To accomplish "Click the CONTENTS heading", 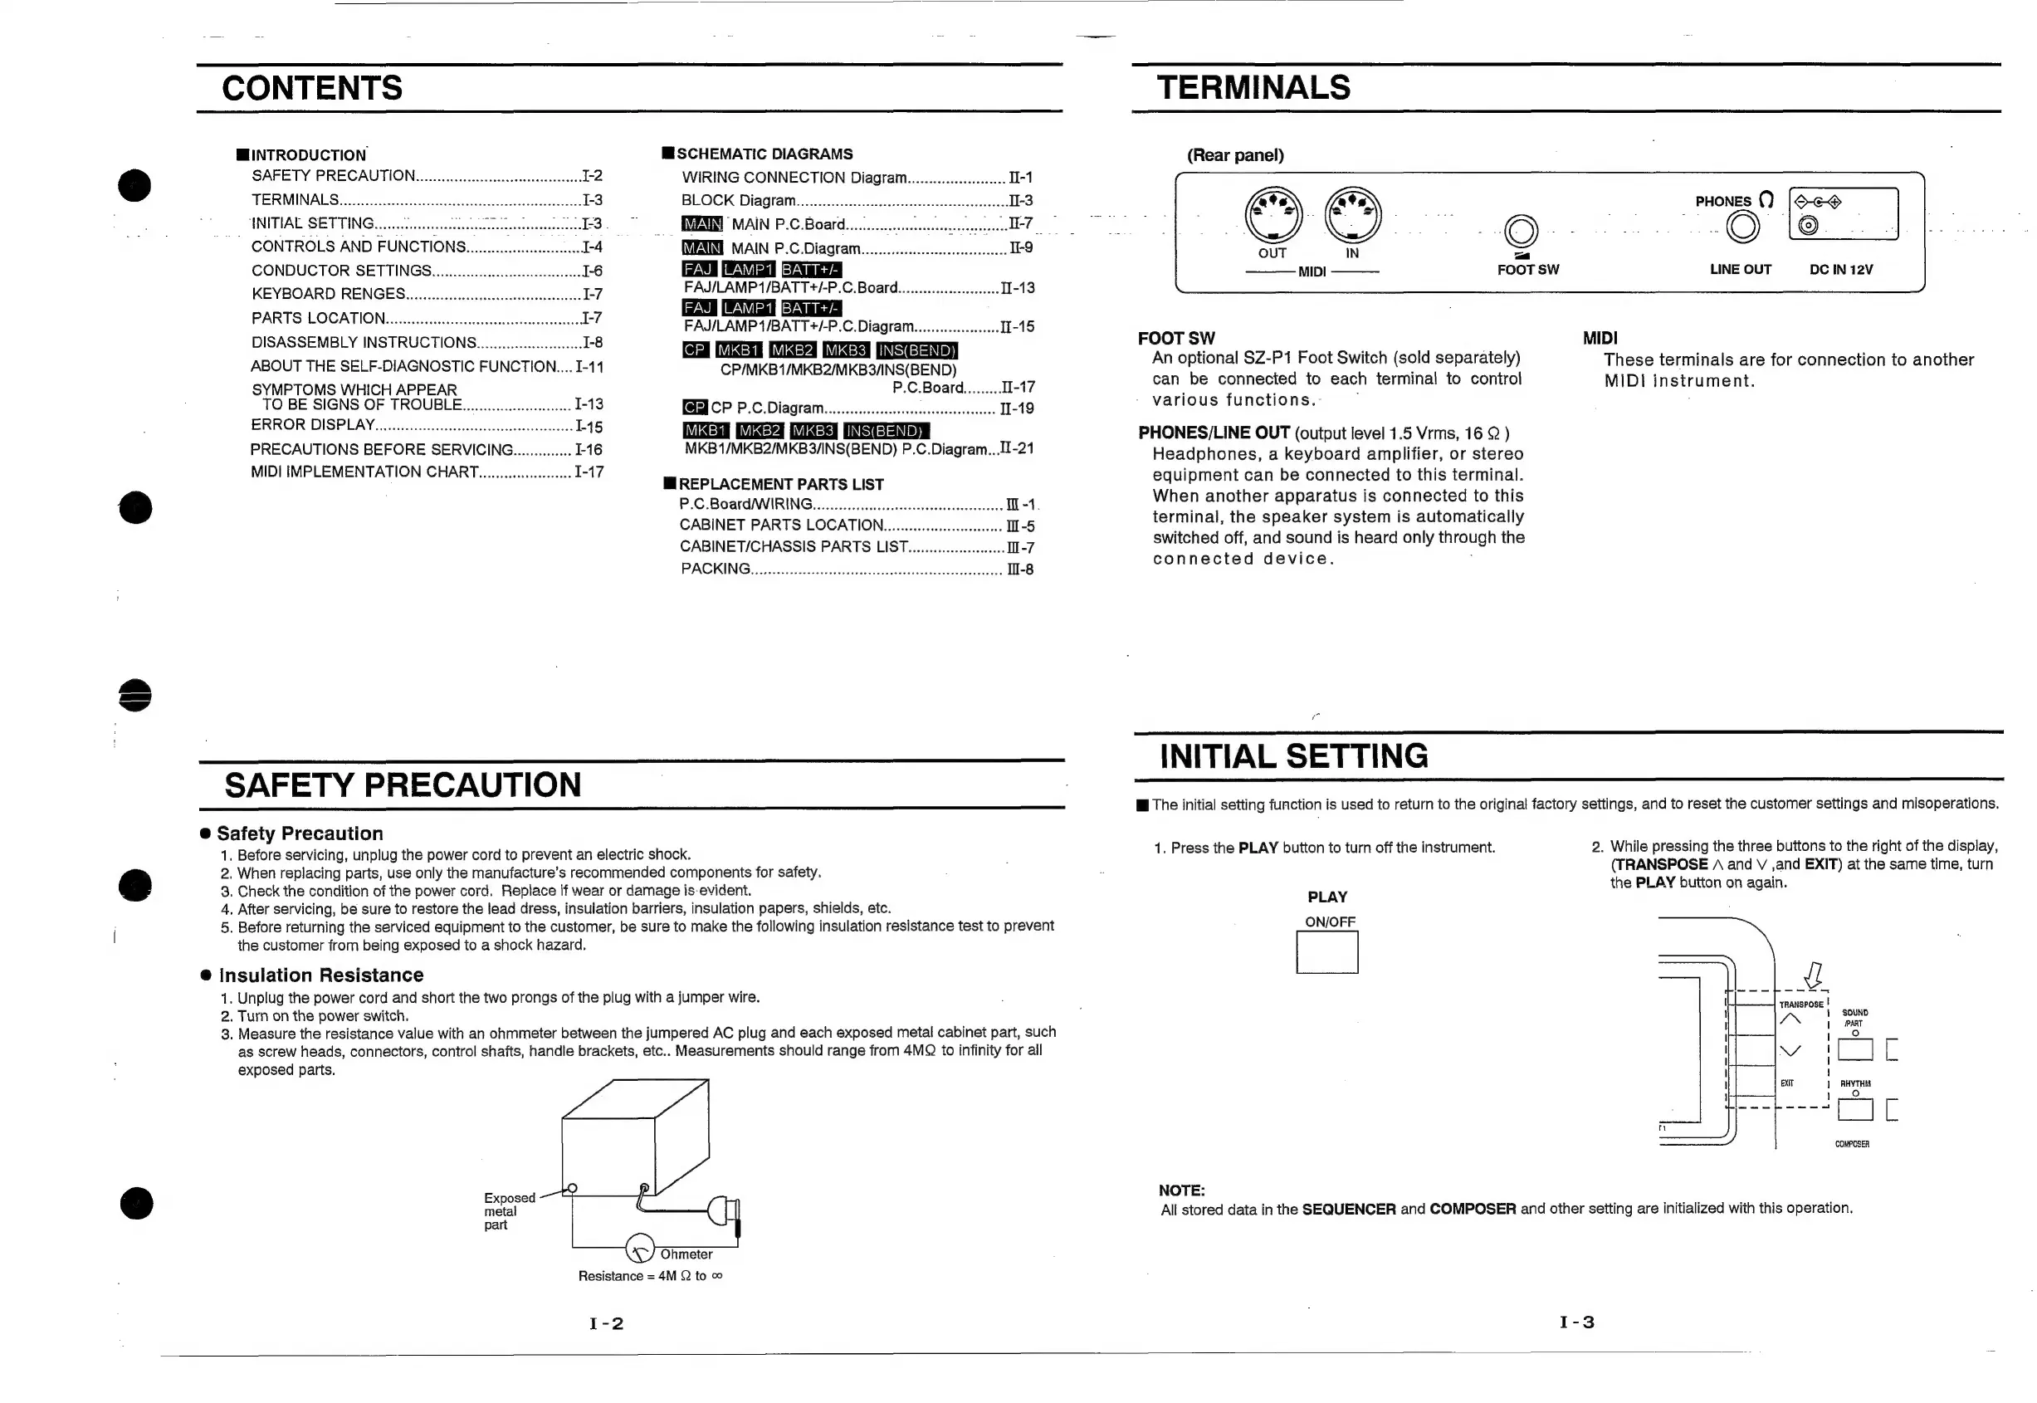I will point(312,89).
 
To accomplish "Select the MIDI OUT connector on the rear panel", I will point(1273,215).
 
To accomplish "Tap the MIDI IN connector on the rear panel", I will point(1352,215).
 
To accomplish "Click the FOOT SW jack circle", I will point(1522,231).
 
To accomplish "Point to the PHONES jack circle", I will point(1742,227).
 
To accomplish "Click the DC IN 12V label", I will point(1840,270).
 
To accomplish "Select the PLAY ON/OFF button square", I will point(1327,952).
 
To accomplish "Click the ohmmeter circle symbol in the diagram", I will point(640,1249).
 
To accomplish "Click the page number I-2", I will point(606,1324).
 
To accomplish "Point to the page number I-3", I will point(1576,1322).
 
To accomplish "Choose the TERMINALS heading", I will point(1253,88).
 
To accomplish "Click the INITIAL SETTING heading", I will point(1293,756).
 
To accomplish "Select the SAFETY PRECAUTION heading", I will point(403,785).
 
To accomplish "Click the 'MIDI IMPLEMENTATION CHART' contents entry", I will point(364,472).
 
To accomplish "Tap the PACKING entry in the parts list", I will point(716,569).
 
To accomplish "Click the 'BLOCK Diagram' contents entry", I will point(738,200).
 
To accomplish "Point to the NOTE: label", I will point(1181,1190).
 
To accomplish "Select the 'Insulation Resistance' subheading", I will point(320,975).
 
